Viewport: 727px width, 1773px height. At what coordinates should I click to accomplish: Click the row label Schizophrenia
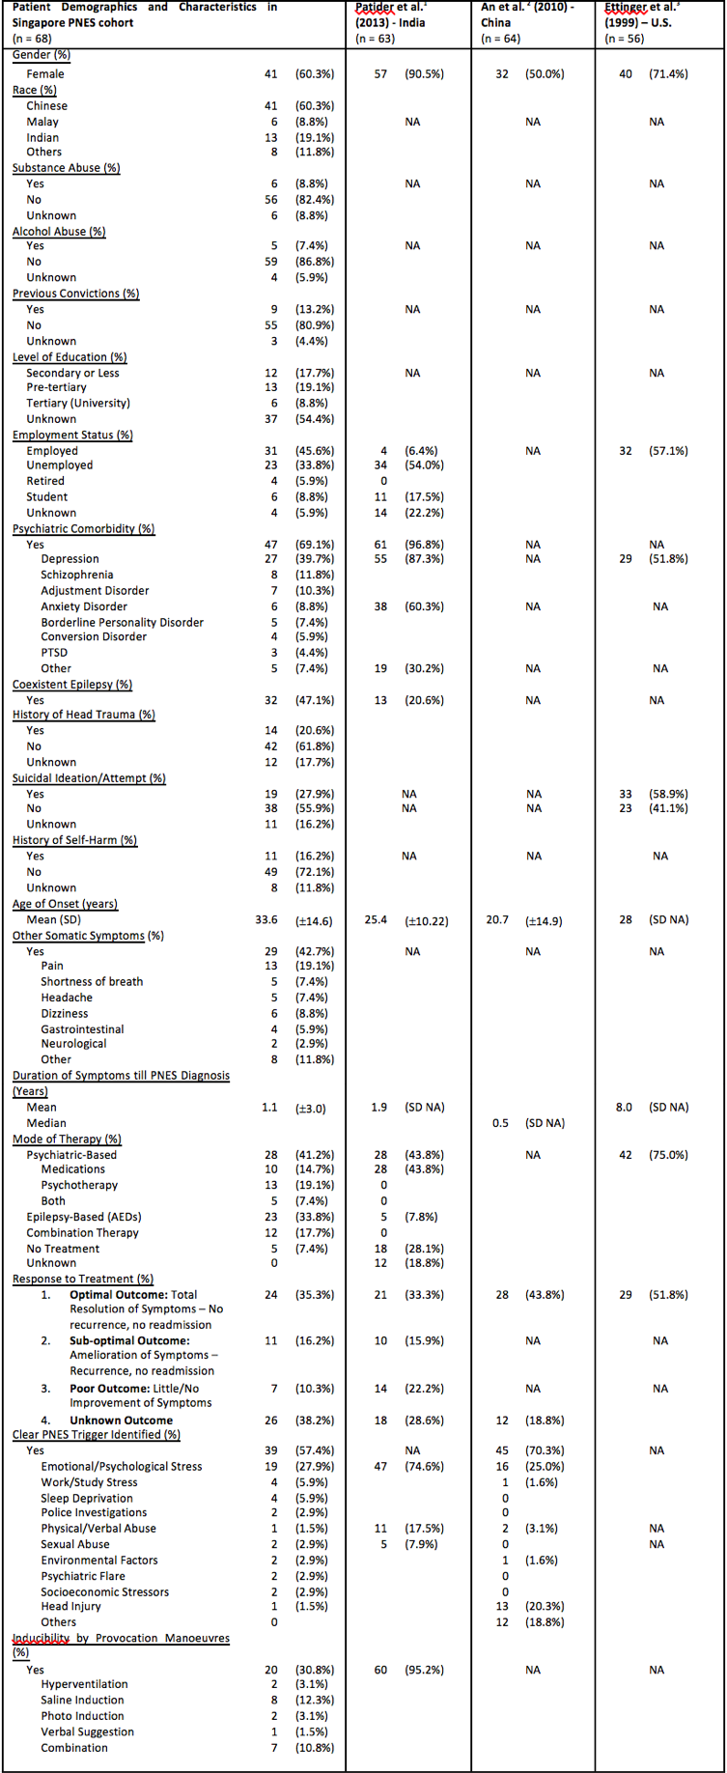77,575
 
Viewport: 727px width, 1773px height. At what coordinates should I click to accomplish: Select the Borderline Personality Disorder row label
122,622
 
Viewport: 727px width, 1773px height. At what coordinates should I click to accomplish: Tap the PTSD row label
54,653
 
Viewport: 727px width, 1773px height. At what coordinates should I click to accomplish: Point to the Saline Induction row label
82,1700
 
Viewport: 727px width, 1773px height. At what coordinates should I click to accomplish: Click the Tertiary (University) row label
78,403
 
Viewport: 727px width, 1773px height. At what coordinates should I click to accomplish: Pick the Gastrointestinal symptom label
82,1029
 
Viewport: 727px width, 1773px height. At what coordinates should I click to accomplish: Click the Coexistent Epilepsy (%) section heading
72,685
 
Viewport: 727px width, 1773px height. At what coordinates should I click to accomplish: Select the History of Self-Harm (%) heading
74,840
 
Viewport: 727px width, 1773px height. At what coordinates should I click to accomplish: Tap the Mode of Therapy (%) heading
67,1140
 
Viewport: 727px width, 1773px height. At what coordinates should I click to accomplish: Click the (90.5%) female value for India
424,74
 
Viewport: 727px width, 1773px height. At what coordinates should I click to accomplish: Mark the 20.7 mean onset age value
497,920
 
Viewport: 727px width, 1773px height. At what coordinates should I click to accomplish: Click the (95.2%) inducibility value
424,1670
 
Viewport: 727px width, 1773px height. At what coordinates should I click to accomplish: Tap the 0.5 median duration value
500,1123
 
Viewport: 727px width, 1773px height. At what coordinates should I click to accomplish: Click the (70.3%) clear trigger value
545,1450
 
